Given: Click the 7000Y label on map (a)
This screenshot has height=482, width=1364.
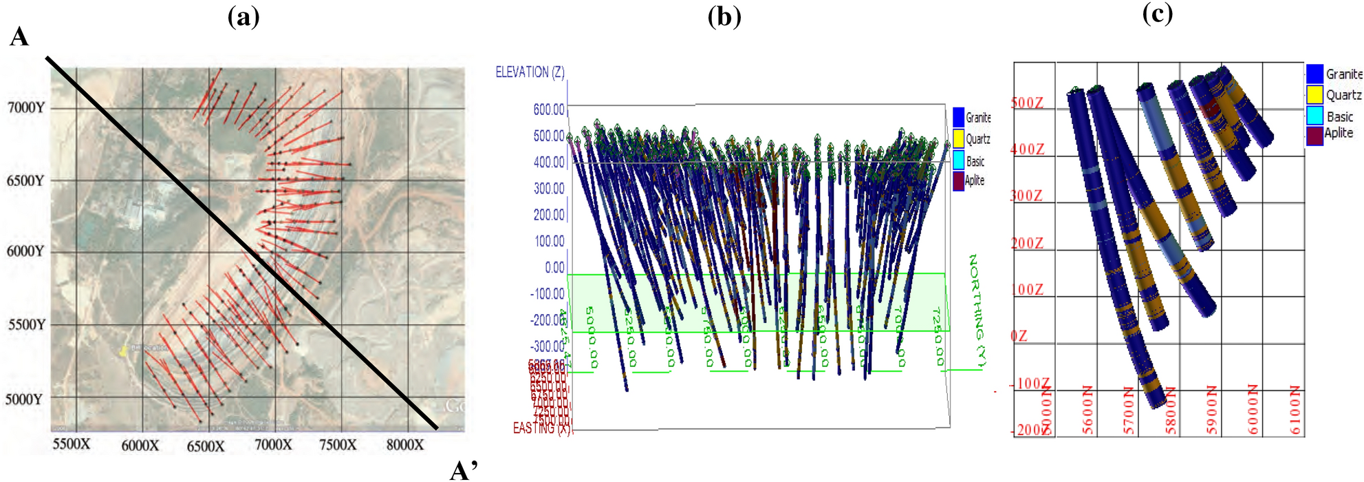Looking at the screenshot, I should (25, 107).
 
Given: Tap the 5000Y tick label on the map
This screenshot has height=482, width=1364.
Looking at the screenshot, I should (24, 399).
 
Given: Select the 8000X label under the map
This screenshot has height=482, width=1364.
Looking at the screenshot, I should (404, 445).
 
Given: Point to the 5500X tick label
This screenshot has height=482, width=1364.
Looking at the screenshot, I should (72, 444).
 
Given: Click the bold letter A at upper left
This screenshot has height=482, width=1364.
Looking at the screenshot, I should (19, 36).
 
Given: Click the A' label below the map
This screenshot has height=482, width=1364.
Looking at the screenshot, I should (464, 470).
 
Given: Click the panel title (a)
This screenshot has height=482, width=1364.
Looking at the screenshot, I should (243, 17).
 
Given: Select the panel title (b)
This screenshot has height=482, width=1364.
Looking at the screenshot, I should (724, 17).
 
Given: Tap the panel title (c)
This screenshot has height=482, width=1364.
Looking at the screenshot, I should (1158, 13).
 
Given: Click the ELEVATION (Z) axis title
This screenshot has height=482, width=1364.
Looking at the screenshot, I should (530, 72).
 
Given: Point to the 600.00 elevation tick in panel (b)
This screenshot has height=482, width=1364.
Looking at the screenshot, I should (548, 109).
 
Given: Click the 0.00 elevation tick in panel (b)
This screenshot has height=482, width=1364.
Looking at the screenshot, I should (554, 267).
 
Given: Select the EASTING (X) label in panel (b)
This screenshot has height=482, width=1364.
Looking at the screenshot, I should (542, 428).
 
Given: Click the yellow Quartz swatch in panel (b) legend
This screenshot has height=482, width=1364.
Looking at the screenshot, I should (958, 139).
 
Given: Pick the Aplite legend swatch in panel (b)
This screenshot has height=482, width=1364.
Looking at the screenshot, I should (958, 181).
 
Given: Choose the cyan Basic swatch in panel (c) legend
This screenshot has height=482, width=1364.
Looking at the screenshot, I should (1314, 116).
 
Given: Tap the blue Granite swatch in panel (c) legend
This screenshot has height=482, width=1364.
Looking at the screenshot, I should (1314, 74).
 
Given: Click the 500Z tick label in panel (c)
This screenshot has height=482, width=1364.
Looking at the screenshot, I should (1027, 103).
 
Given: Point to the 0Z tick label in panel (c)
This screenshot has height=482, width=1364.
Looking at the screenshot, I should (1019, 336).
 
